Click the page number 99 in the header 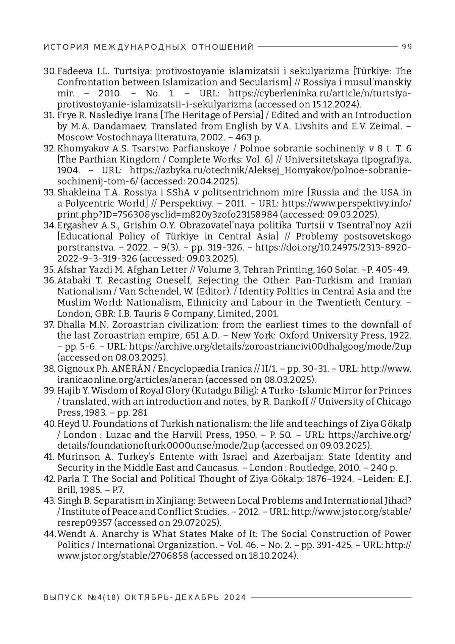(x=406, y=47)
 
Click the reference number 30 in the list (x=50, y=71)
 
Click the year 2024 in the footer (x=235, y=597)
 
